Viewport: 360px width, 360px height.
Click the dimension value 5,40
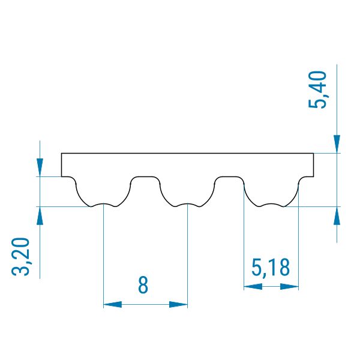tap(317, 89)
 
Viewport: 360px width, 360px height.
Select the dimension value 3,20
tap(21, 256)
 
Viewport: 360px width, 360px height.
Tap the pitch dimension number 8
tap(143, 284)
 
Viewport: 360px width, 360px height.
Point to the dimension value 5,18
tap(271, 267)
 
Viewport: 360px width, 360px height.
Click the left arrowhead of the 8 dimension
tap(113, 305)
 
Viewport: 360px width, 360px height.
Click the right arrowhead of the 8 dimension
tap(178, 305)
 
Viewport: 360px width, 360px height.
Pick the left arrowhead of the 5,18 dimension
tap(253, 287)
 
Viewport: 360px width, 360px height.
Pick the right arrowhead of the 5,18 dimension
tap(290, 287)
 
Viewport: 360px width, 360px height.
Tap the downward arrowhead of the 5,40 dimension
tap(337, 144)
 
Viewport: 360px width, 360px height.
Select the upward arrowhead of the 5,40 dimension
tap(337, 215)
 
